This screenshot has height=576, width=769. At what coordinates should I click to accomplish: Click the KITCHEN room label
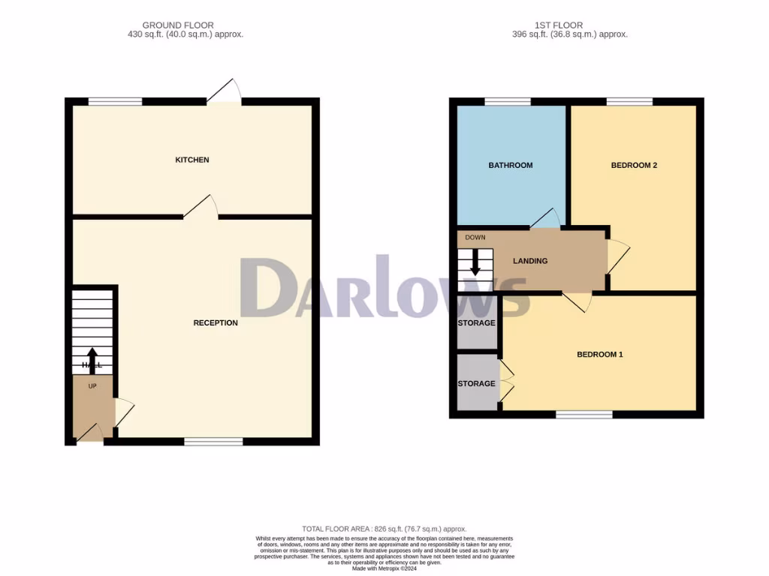[x=192, y=160]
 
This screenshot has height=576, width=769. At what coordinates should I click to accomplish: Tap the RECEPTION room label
[x=216, y=323]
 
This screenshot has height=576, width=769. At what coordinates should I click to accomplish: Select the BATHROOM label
[x=511, y=165]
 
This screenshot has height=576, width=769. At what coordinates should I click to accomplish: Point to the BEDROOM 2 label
[x=634, y=165]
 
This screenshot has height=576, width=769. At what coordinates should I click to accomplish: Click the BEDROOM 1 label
[x=599, y=355]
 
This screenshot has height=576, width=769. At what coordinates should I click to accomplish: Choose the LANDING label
[x=530, y=261]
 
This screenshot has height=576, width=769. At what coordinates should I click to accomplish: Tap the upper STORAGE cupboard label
[x=477, y=323]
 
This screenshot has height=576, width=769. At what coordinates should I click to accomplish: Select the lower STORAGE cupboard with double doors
[x=477, y=384]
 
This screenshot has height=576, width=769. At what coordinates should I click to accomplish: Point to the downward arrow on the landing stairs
[x=475, y=264]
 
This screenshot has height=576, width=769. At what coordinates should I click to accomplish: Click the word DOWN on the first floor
[x=475, y=238]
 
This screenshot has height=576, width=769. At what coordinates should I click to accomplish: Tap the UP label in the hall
[x=92, y=386]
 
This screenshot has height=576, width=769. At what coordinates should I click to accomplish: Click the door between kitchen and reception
[x=201, y=208]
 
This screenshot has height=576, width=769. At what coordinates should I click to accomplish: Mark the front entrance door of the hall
[x=91, y=433]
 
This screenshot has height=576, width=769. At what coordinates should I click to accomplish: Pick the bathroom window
[x=508, y=101]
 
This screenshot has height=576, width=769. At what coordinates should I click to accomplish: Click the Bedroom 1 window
[x=584, y=414]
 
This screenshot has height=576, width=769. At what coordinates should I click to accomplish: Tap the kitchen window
[x=115, y=101]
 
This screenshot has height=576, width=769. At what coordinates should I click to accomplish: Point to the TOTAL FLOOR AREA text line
[x=384, y=529]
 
